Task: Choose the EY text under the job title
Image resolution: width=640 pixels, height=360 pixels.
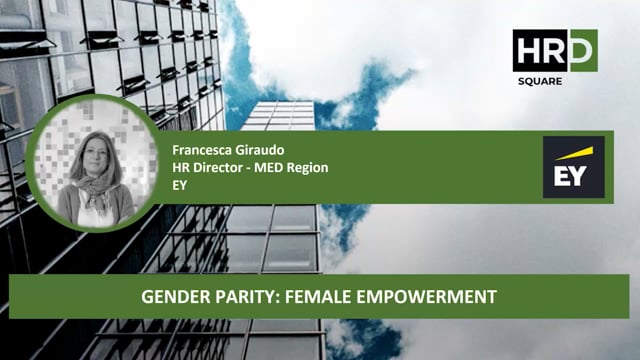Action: [x=180, y=184]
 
